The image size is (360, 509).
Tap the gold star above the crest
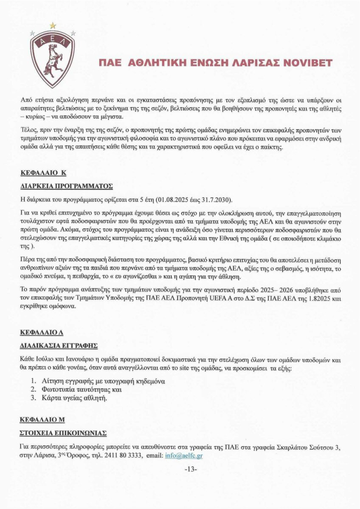pos(53,25)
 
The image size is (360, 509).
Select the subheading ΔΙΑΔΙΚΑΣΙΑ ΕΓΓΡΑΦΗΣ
pos(59,346)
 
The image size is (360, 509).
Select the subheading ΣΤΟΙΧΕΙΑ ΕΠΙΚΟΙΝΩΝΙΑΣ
pos(63,433)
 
